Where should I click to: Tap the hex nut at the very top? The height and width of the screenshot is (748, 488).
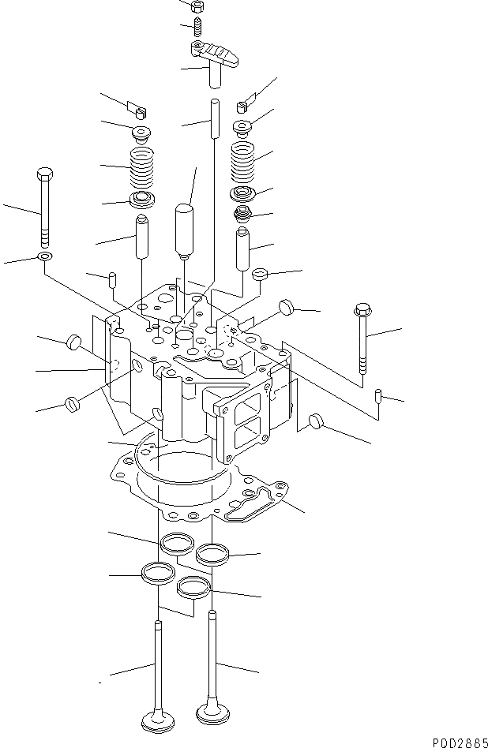coord(198,5)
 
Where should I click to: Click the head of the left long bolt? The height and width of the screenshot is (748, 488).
coord(43,174)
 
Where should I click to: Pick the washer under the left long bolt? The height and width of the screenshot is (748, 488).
coord(44,257)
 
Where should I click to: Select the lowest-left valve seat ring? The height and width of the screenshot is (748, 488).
coord(156,572)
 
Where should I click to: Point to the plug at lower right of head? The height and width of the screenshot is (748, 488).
coord(317,421)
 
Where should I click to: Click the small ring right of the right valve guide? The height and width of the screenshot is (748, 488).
coord(259,275)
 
